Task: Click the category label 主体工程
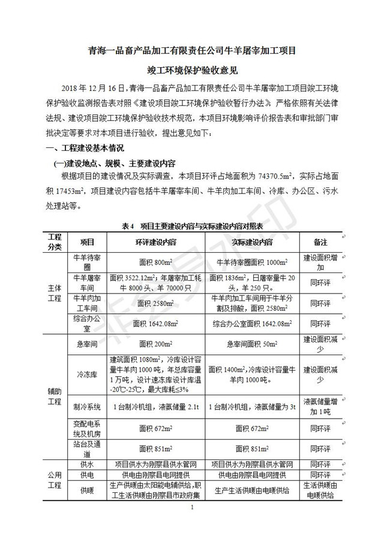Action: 55,293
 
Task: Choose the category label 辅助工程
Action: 55,396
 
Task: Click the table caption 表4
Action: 127,226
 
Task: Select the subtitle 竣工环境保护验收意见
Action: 191,70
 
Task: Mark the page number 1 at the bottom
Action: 191,508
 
